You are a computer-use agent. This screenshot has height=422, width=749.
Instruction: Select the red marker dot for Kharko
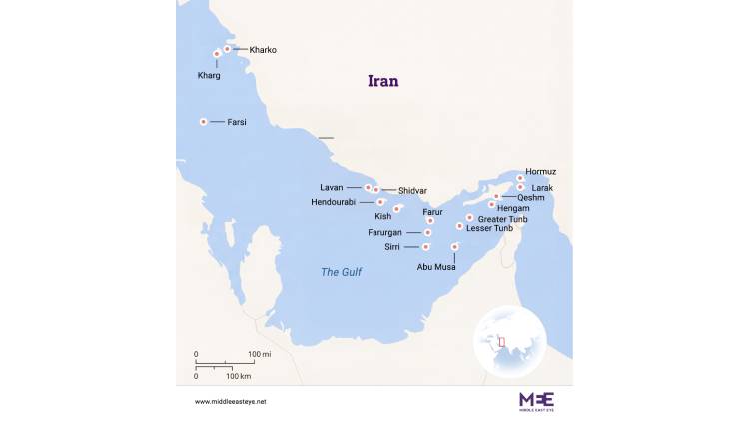pos(227,49)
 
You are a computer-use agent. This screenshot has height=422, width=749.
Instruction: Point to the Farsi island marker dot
pos(204,122)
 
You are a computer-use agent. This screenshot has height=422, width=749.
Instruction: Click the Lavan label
pos(331,187)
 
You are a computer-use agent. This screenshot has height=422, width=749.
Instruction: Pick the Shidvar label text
pos(412,190)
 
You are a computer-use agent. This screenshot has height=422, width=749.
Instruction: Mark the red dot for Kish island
pos(397,209)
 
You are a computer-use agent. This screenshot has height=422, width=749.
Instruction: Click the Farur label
pos(432,212)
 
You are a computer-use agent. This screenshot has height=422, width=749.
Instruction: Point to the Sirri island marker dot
pos(426,246)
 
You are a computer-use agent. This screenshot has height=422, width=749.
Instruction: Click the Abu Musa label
pos(438,267)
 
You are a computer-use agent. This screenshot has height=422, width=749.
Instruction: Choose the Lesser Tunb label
pos(490,228)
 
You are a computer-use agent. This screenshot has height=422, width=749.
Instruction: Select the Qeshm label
pos(531,197)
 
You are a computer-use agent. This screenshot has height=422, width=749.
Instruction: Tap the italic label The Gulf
pos(341,272)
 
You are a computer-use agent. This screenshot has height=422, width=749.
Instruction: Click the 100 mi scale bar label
pos(259,355)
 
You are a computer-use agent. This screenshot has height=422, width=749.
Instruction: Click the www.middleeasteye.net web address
pos(231,401)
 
